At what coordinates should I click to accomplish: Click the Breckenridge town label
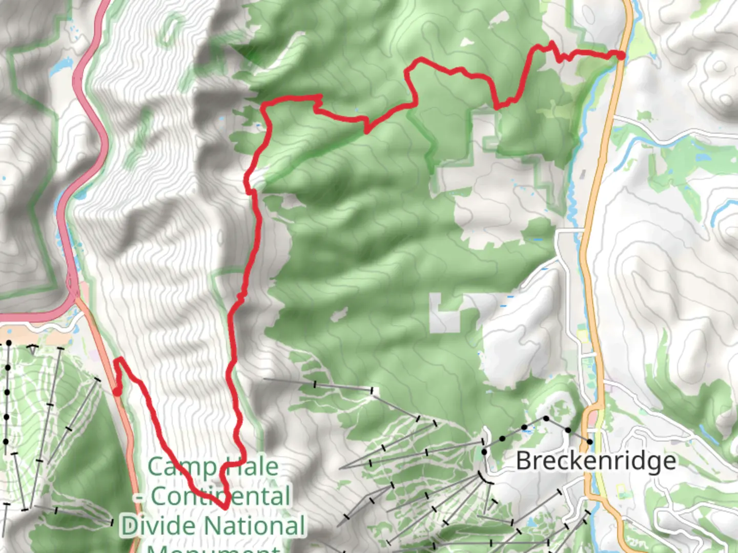(x=596, y=461)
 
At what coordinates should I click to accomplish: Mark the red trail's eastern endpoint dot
(x=621, y=55)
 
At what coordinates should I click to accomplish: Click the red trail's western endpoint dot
(x=117, y=392)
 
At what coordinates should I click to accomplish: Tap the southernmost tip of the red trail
(x=224, y=507)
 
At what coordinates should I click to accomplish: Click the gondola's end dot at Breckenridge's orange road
(x=590, y=441)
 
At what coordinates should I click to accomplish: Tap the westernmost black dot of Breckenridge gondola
(x=484, y=452)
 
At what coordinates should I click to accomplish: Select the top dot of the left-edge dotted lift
(x=9, y=343)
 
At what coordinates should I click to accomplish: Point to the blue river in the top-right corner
(x=635, y=20)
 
